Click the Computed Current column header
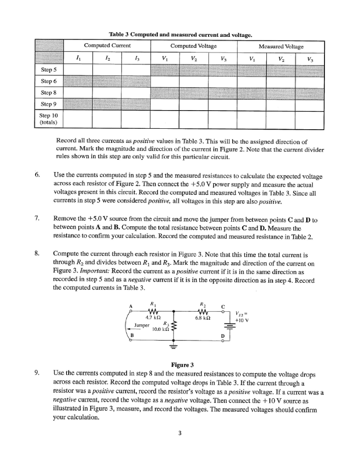pos(107,46)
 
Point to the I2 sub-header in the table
pos(107,58)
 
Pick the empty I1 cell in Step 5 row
pos(78,69)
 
